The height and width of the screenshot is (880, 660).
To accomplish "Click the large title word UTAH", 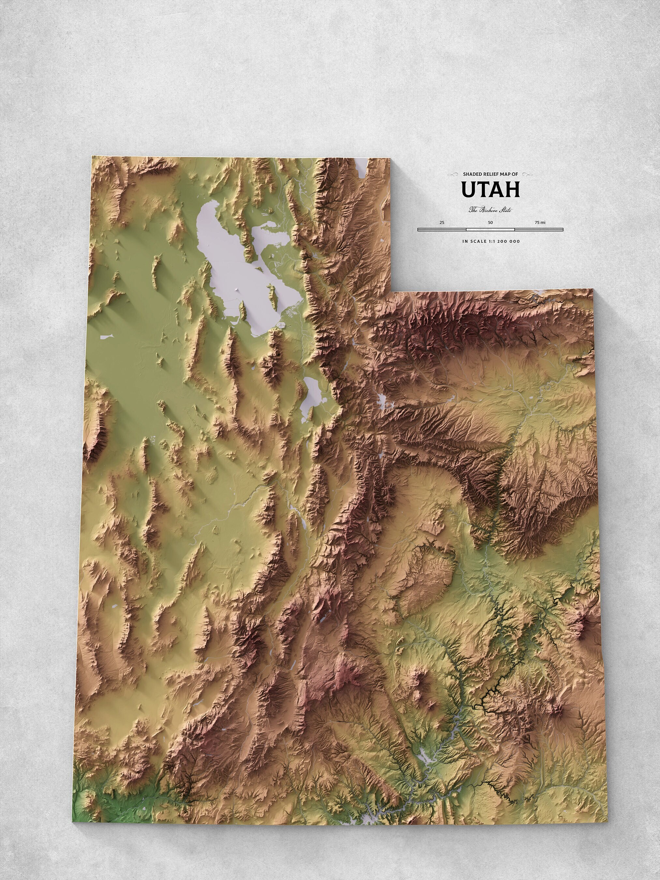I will (491, 190).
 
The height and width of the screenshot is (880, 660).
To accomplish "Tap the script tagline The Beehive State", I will (490, 210).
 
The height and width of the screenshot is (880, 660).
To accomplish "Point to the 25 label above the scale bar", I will (442, 222).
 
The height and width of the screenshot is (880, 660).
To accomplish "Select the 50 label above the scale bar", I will (490, 222).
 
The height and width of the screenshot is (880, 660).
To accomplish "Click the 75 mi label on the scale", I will (540, 222).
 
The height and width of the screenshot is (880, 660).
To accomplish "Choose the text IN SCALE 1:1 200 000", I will (491, 241).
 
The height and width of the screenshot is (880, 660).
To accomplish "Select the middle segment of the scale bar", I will (490, 229).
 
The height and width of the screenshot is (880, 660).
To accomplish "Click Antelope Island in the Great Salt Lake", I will (273, 292).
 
